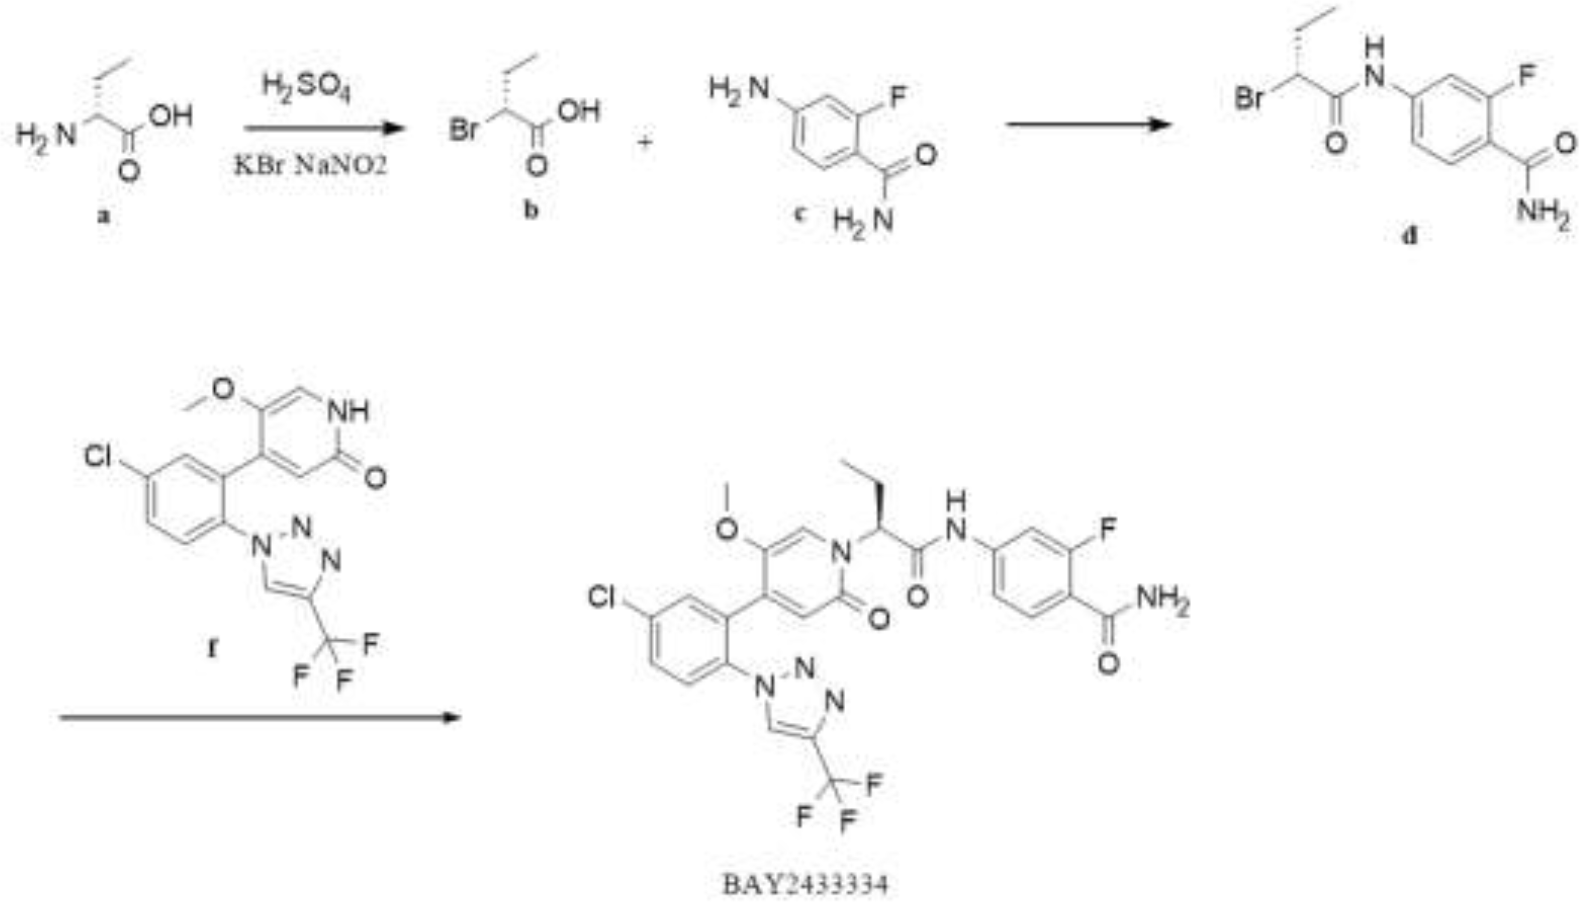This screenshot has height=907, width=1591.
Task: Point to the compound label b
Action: [530, 210]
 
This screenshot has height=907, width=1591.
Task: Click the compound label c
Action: [801, 214]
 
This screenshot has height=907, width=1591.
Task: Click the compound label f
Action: [212, 648]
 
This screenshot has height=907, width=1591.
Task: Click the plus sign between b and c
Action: [644, 142]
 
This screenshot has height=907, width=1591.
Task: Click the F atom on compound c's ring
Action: [897, 96]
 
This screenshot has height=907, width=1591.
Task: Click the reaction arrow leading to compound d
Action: [1087, 125]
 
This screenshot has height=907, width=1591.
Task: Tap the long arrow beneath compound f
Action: [258, 717]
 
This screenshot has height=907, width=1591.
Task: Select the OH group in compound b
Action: [579, 111]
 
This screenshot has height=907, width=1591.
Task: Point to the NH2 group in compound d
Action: [1543, 212]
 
